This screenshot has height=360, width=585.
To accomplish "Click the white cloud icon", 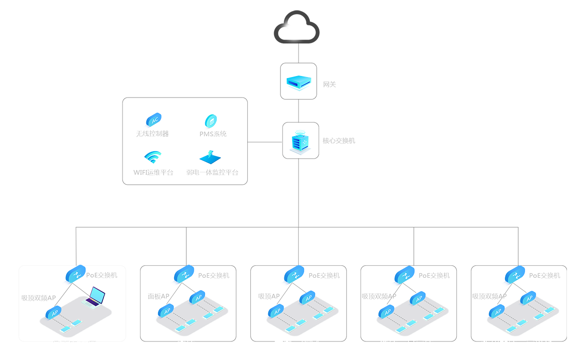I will tap(298, 30).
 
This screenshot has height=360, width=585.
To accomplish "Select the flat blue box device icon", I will tap(299, 81).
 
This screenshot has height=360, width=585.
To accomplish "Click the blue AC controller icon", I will tap(153, 120).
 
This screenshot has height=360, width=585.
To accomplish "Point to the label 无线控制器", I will tap(152, 134).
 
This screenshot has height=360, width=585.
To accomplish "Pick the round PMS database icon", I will tap(212, 120).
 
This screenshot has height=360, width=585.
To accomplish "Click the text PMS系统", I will tap(213, 134).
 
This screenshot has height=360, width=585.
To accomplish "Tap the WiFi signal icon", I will tap(153, 157).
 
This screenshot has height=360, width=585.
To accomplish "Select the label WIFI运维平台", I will tap(153, 172).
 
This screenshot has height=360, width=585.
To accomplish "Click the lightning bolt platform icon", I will tap(212, 158).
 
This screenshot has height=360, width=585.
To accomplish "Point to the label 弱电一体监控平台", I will tap(212, 172).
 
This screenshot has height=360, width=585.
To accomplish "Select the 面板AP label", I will tap(159, 296).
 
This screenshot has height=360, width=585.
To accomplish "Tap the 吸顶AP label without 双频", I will tap(269, 296).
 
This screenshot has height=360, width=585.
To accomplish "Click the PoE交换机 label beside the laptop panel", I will tap(101, 275).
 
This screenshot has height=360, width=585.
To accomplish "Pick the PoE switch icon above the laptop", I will tap(75, 274).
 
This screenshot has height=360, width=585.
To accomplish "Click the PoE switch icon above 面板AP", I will tap(183, 274).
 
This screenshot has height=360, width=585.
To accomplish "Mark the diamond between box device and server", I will tap(299, 111).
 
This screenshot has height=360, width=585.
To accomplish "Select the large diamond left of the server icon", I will tap(265, 143).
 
